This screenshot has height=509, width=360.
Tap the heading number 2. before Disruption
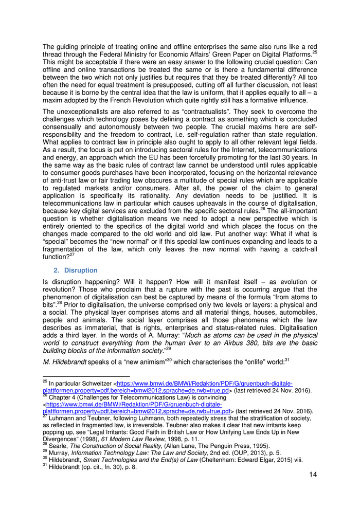58,270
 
